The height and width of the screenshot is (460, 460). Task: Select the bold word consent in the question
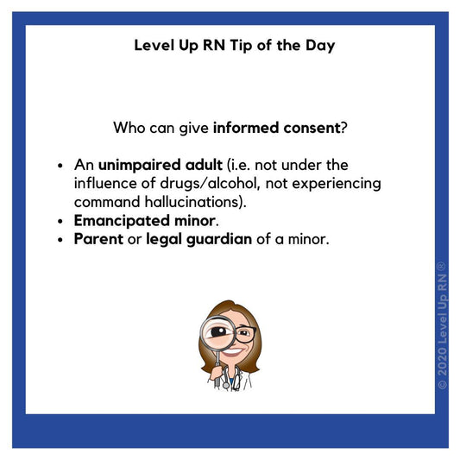[x=309, y=129]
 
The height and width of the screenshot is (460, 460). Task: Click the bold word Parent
[x=98, y=239]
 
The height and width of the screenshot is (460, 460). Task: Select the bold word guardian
[x=219, y=239]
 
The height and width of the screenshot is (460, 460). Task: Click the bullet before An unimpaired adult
[x=60, y=165]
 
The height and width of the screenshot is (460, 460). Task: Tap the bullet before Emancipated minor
[x=60, y=221]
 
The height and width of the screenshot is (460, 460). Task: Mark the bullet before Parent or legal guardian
[x=60, y=240]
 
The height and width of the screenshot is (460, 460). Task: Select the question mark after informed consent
[x=343, y=129]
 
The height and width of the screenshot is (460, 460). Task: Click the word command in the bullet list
[x=107, y=202]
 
